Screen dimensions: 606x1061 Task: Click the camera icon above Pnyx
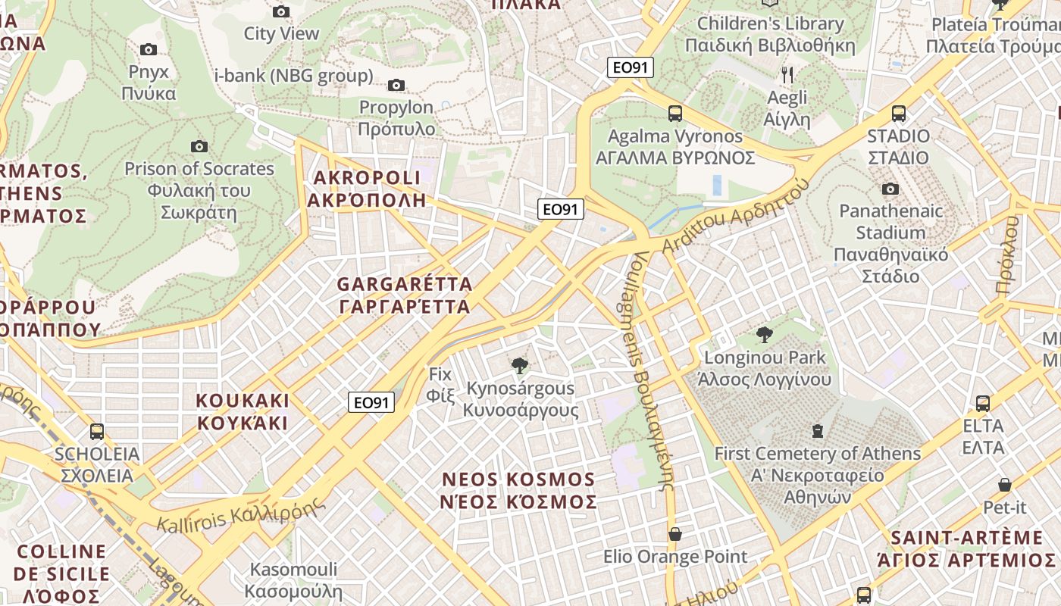pos(149,50)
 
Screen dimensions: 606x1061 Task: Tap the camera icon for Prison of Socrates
pos(199,146)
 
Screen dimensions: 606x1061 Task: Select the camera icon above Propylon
pos(396,85)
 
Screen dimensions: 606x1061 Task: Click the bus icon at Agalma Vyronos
pos(674,114)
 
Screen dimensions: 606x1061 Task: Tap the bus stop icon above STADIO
pos(898,114)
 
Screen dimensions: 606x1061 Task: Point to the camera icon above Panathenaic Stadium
pos(890,189)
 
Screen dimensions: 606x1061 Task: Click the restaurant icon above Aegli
pos(787,74)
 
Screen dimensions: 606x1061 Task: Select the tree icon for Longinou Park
pos(765,334)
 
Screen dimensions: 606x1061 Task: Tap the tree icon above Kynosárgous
pos(519,367)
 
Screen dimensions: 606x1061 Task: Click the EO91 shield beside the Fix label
pos(371,402)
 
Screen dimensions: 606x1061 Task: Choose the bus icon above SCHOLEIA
pos(96,432)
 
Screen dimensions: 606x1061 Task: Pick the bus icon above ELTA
pos(982,403)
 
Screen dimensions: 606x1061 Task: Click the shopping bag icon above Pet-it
pos(1004,485)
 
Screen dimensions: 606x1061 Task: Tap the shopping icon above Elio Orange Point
pos(674,534)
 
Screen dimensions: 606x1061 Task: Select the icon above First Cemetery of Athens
pos(817,431)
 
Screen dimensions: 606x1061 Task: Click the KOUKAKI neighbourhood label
pos(243,411)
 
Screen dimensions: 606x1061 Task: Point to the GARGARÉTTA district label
pos(404,295)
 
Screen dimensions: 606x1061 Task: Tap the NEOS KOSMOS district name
pos(519,490)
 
